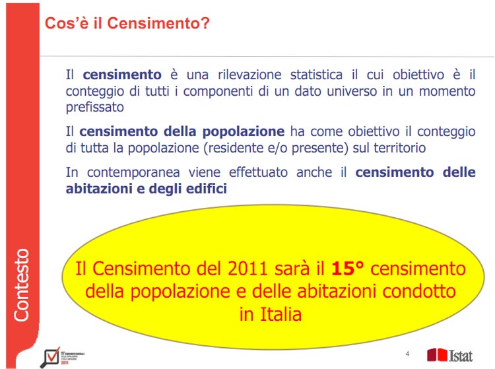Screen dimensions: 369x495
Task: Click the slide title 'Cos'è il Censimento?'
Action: point(127,24)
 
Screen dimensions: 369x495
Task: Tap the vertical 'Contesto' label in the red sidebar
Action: point(22,285)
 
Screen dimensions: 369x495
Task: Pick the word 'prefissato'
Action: point(94,107)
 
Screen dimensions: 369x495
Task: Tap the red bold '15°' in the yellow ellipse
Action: point(347,269)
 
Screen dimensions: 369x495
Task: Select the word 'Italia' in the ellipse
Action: point(271,314)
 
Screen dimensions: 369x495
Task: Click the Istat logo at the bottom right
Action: point(450,354)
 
